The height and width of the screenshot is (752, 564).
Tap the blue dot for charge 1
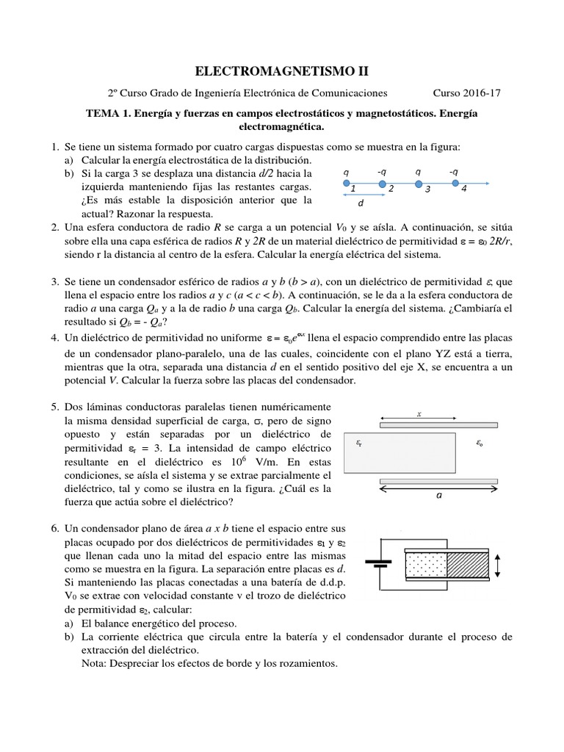pyautogui.click(x=347, y=184)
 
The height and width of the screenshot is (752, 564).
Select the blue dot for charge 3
pyautogui.click(x=419, y=184)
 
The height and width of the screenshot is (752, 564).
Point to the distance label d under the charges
pyautogui.click(x=361, y=205)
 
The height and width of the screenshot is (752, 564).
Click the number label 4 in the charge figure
pyautogui.click(x=463, y=189)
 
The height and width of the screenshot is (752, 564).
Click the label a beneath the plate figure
pyautogui.click(x=439, y=496)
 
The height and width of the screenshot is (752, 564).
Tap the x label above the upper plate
pyautogui.click(x=419, y=414)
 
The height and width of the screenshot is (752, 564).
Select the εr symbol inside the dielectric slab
pyautogui.click(x=358, y=443)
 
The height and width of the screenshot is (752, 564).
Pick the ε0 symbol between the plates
pyautogui.click(x=479, y=443)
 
